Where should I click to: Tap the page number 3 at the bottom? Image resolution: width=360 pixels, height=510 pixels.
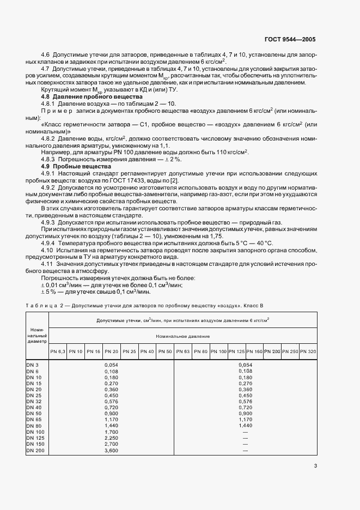[x=315, y=465]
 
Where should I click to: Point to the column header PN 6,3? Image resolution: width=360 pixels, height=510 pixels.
[x=58, y=352]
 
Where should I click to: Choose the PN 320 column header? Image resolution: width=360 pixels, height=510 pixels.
[x=308, y=352]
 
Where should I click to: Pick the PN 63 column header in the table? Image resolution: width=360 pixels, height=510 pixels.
[x=182, y=352]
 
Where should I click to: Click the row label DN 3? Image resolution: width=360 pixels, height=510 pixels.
[x=33, y=365]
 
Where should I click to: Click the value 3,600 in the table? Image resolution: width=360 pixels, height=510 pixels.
[x=111, y=451]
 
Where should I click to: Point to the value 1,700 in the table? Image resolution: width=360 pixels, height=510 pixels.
[x=111, y=431]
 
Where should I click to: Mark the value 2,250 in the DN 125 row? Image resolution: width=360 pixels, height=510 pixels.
[x=111, y=438]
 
